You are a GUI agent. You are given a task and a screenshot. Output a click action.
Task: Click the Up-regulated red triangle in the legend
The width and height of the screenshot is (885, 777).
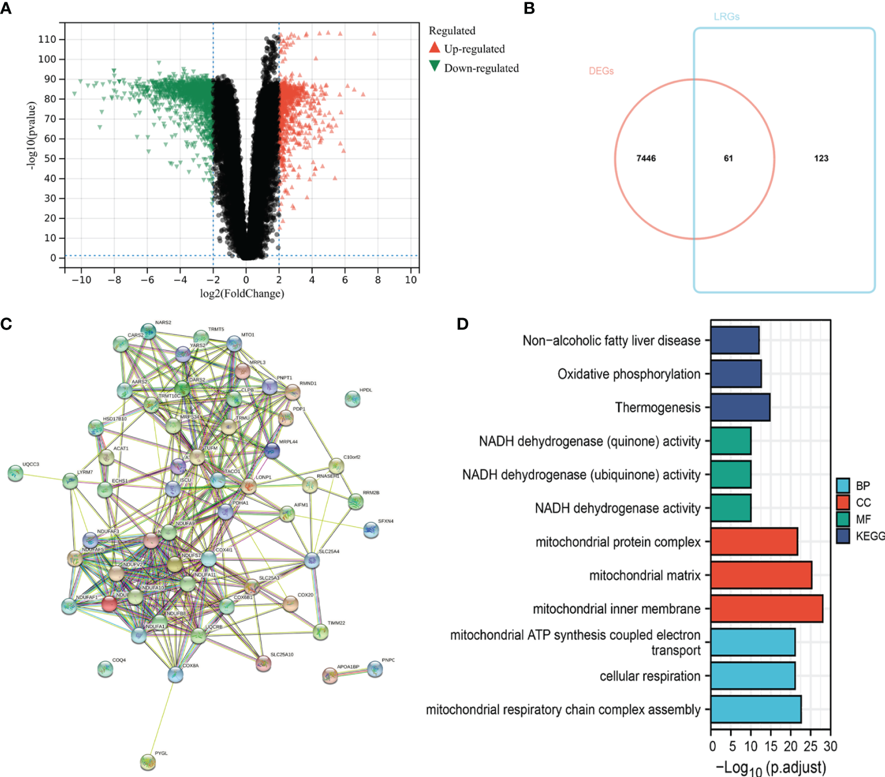[x=434, y=47]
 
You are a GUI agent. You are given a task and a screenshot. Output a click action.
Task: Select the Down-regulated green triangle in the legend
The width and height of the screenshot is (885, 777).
[x=434, y=66]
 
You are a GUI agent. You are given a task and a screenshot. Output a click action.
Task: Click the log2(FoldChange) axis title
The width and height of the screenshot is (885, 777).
[x=242, y=294]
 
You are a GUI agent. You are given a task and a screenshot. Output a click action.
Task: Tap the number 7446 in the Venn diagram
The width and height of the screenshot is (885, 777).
[x=646, y=158]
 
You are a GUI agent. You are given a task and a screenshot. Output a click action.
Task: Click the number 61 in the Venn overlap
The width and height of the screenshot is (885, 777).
[x=728, y=158]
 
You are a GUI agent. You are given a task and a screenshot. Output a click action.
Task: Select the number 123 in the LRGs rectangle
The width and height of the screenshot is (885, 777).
[x=821, y=158]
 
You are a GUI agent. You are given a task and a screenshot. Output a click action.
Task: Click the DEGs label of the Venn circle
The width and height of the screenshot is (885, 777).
[x=601, y=71]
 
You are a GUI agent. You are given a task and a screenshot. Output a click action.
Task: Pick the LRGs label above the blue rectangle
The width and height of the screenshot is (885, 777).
[x=726, y=17]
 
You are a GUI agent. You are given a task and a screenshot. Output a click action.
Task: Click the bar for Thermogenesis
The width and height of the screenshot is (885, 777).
[x=740, y=407]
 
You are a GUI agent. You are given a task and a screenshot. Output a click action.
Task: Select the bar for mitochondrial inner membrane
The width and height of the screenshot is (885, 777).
[x=767, y=609]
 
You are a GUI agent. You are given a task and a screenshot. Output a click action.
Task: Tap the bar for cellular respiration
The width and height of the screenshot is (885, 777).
[x=753, y=676]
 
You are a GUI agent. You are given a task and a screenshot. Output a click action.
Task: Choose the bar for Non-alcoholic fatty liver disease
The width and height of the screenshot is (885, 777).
[x=735, y=340]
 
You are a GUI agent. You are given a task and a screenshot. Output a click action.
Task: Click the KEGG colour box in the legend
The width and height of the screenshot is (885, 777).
[x=843, y=536]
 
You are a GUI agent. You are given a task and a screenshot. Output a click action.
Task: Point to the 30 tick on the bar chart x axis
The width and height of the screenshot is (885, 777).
[x=830, y=746]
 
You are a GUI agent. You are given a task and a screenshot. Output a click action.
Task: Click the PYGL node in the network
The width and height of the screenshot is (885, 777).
[x=147, y=762]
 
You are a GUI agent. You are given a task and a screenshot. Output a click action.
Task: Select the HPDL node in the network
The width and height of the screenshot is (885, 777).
[x=353, y=399]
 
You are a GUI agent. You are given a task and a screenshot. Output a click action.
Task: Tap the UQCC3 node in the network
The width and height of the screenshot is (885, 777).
[x=15, y=473]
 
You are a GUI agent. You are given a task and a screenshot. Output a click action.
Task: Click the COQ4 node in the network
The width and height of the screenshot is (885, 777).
[x=105, y=668]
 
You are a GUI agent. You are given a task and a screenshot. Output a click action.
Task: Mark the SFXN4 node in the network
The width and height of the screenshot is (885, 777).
[x=371, y=530]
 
